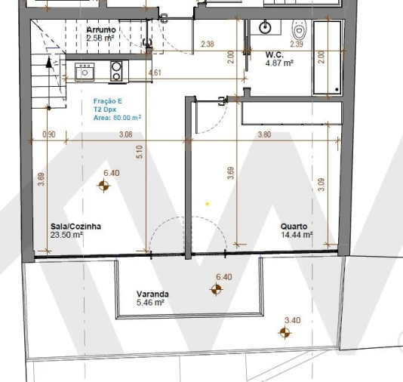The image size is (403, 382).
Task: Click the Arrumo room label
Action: click(100, 29)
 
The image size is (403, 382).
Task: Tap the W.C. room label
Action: click(275, 55)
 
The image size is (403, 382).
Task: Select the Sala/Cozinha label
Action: click(75, 226)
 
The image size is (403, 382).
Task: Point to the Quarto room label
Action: click(294, 226)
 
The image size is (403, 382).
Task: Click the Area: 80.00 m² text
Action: click(117, 117)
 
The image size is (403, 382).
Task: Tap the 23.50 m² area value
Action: click(67, 235)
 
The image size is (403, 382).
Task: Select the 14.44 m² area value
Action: click(297, 235)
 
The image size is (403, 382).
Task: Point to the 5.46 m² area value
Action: click(150, 302)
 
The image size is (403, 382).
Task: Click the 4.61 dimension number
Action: click(155, 72)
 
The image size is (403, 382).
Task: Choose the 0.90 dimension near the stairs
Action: click(49, 134)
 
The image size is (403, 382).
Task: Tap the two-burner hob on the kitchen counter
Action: click(117, 71)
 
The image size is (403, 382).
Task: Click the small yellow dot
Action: click(208, 203)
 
